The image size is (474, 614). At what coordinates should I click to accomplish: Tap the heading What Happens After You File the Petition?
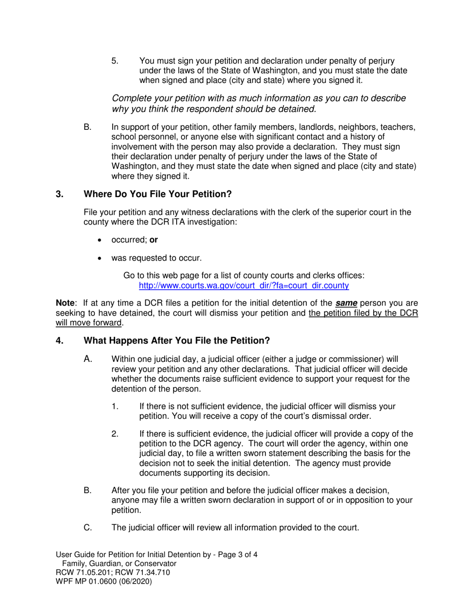[177, 341]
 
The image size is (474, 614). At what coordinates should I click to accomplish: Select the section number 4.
[60, 341]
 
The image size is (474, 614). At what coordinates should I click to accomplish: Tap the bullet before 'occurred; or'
[101, 240]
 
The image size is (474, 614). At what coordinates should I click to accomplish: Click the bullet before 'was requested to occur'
[101, 259]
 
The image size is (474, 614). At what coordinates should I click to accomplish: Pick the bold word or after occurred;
[154, 240]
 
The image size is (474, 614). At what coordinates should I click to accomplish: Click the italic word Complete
[131, 97]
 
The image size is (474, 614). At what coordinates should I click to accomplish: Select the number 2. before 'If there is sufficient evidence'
[115, 434]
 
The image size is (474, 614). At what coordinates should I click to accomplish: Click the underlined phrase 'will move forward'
[89, 322]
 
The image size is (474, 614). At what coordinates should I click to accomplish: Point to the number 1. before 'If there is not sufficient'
[115, 406]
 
